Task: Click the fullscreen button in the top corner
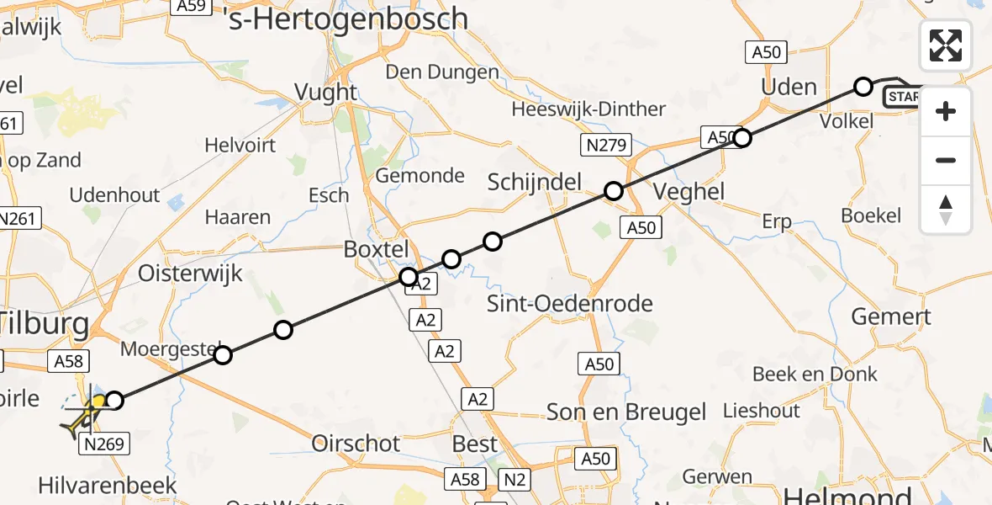pos(946,45)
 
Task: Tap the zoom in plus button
pos(946,111)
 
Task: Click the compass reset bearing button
pos(946,210)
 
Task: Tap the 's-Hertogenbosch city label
pos(348,19)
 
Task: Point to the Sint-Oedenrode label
pos(570,303)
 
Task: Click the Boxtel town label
pos(376,249)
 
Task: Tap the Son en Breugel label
pos(626,412)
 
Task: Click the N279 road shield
pos(605,146)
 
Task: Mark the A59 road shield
pos(192,6)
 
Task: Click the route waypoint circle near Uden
pos(863,86)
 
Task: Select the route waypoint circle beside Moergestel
pos(222,355)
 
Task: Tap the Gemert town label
pos(891,316)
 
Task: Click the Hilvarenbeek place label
pos(108,485)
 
